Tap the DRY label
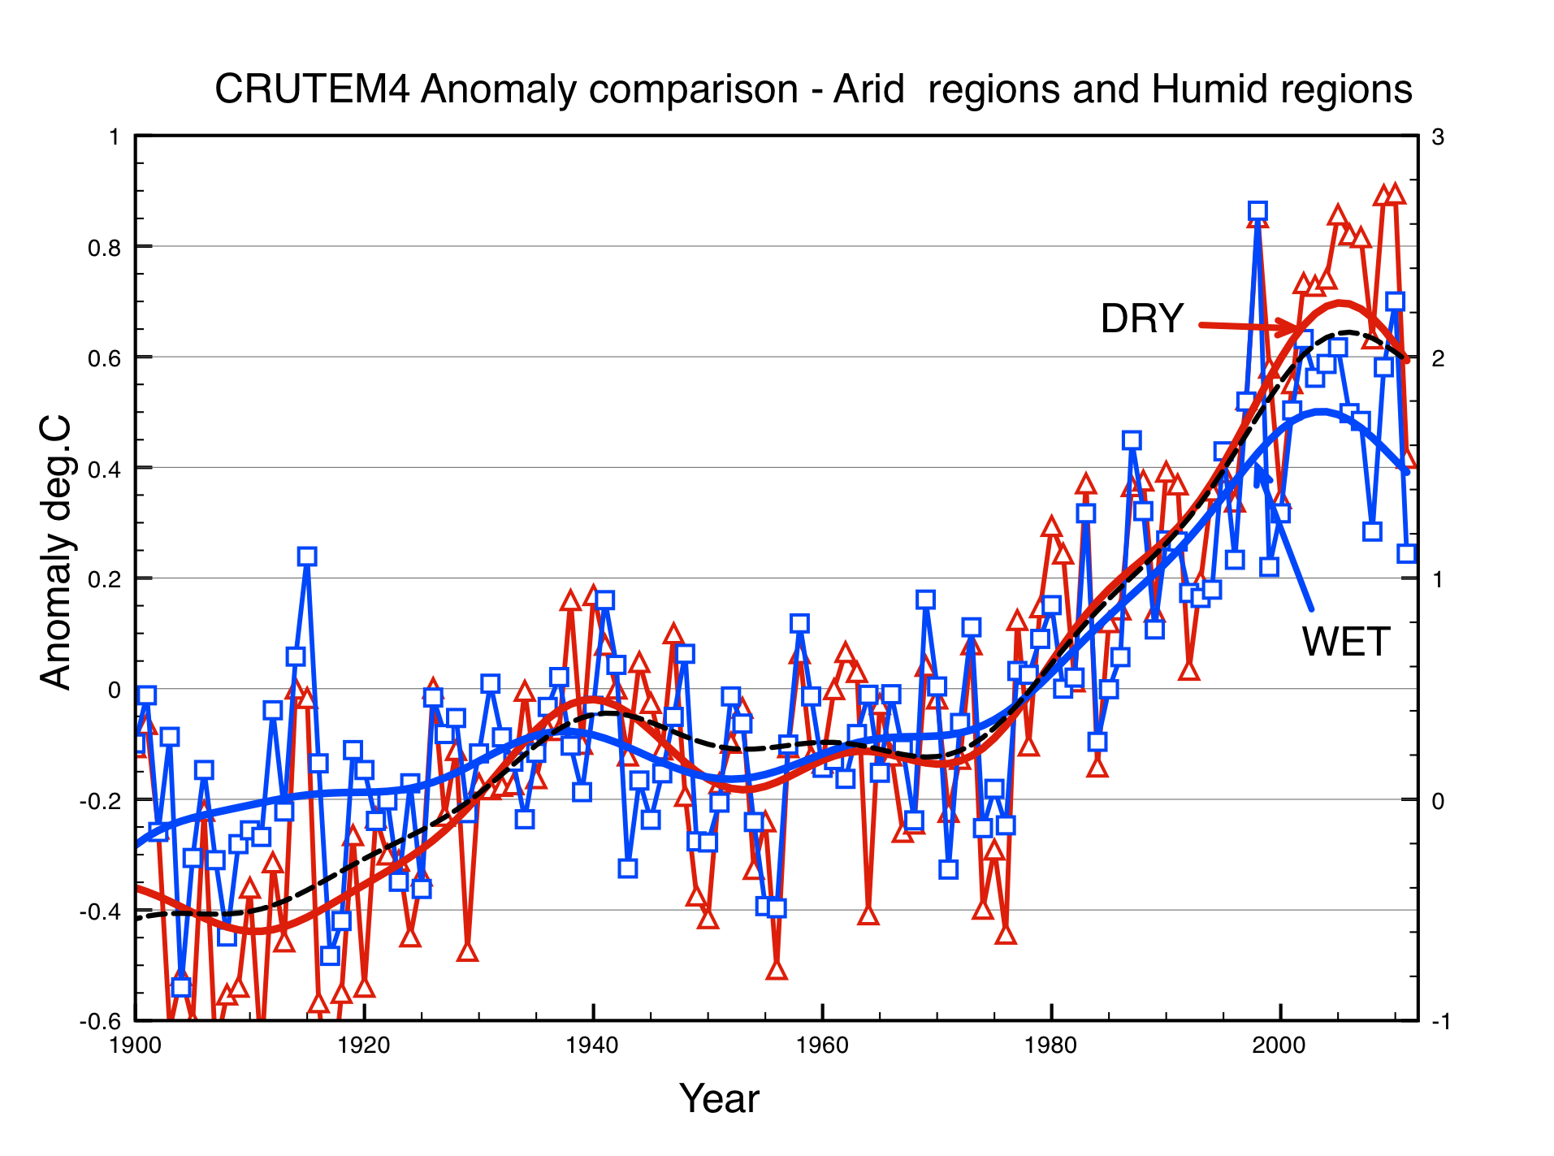[x=1141, y=318]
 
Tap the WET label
[x=1345, y=642]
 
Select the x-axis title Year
[x=719, y=1098]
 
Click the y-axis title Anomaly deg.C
[x=56, y=552]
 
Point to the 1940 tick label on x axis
[x=593, y=1045]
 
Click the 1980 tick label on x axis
[x=1051, y=1045]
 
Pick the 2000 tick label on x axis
[x=1279, y=1045]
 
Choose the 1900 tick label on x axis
[x=135, y=1045]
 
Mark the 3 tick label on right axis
[x=1438, y=136]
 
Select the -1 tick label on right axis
[x=1440, y=1022]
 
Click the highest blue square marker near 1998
[x=1257, y=212]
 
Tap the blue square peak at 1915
[x=306, y=556]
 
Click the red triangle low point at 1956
[x=777, y=969]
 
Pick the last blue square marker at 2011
[x=1407, y=553]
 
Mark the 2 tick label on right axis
[x=1438, y=358]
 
